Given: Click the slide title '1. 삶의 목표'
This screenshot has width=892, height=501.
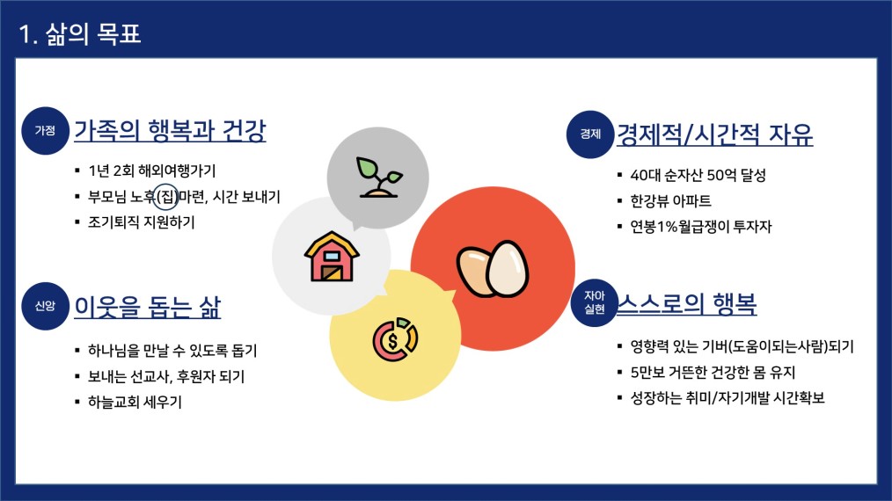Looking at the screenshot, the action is (80, 34).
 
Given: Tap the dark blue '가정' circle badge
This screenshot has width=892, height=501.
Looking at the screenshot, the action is (45, 131).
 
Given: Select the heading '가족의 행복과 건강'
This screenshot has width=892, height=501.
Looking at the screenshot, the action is (170, 131).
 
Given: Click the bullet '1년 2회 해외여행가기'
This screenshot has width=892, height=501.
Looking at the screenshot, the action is (152, 171).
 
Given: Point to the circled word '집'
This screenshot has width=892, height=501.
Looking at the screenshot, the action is (166, 197).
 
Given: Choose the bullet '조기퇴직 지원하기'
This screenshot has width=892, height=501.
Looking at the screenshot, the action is (141, 221).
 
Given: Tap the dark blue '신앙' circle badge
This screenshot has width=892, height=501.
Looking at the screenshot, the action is (45, 306).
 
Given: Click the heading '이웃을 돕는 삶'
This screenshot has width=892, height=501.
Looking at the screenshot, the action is (147, 307).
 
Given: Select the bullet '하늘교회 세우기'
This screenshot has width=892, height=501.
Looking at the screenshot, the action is (135, 402).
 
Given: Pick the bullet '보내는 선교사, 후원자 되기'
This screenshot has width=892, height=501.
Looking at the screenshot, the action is (166, 376).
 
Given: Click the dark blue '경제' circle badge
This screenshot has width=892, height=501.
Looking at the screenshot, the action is (590, 134).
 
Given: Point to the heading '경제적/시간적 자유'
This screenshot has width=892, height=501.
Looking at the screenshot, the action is (715, 134).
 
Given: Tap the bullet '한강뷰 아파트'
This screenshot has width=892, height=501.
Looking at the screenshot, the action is (670, 200).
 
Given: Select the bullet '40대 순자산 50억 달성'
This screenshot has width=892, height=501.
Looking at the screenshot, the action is (698, 175).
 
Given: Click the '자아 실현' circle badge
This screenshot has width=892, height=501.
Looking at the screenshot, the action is (595, 302).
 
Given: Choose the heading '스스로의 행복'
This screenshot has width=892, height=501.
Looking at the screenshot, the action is (687, 303).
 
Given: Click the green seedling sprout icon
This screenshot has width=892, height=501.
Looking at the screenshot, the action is (379, 178).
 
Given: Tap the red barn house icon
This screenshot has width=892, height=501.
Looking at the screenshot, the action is (332, 257).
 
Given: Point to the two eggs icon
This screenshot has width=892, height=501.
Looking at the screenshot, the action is (493, 269).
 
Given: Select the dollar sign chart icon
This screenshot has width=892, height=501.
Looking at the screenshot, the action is (395, 339).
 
